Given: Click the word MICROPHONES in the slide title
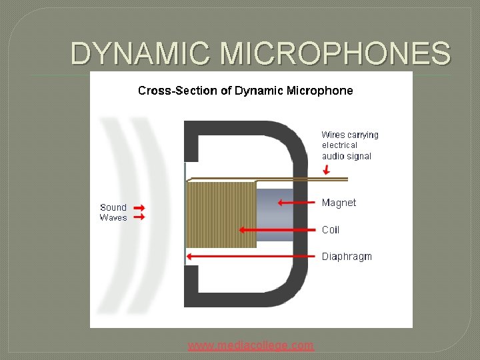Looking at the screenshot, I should coord(337,53).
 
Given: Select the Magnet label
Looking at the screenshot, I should coord(339,203).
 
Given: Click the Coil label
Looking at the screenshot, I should coord(331,230).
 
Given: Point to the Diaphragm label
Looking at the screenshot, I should coord(347,257).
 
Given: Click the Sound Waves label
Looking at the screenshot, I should coord(113,213).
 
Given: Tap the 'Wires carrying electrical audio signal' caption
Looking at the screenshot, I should coord(349,145).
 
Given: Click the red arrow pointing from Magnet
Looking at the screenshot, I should coord(297,203).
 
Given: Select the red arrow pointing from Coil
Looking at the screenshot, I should coord(277,230).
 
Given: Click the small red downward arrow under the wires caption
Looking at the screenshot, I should coord(326,169).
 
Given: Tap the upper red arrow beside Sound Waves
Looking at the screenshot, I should coord(139,208).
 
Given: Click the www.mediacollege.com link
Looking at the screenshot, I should coord(251,345).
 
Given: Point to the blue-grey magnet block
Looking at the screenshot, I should coord(273,215).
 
